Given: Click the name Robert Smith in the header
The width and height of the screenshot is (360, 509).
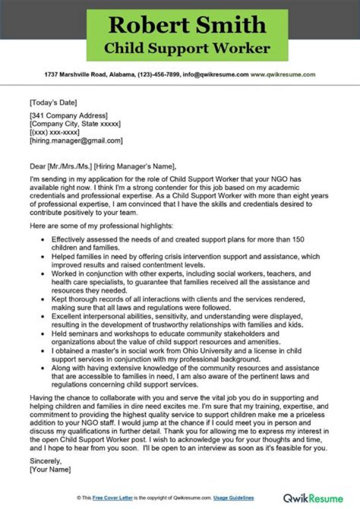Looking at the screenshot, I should coord(187,25).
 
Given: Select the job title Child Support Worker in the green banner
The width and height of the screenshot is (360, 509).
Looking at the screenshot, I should coord(187,48).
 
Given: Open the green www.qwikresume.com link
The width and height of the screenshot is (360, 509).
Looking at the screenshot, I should coord(283,74).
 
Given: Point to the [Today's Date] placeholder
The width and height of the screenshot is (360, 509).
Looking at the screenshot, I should coord(53,103).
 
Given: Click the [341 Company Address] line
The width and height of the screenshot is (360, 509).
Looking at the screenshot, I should coord(68,115).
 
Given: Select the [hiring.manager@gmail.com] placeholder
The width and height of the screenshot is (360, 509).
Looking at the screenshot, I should coord(76,141).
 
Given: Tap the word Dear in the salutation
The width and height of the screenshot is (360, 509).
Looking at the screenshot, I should coord(37,166).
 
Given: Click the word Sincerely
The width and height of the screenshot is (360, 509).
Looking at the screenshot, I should coord(45,460).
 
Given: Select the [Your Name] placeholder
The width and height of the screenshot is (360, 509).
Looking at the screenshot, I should coord(50,469).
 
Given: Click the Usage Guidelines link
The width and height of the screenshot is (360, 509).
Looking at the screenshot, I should coord(233,498).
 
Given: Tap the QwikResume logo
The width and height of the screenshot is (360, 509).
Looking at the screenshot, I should coord(313,498).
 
